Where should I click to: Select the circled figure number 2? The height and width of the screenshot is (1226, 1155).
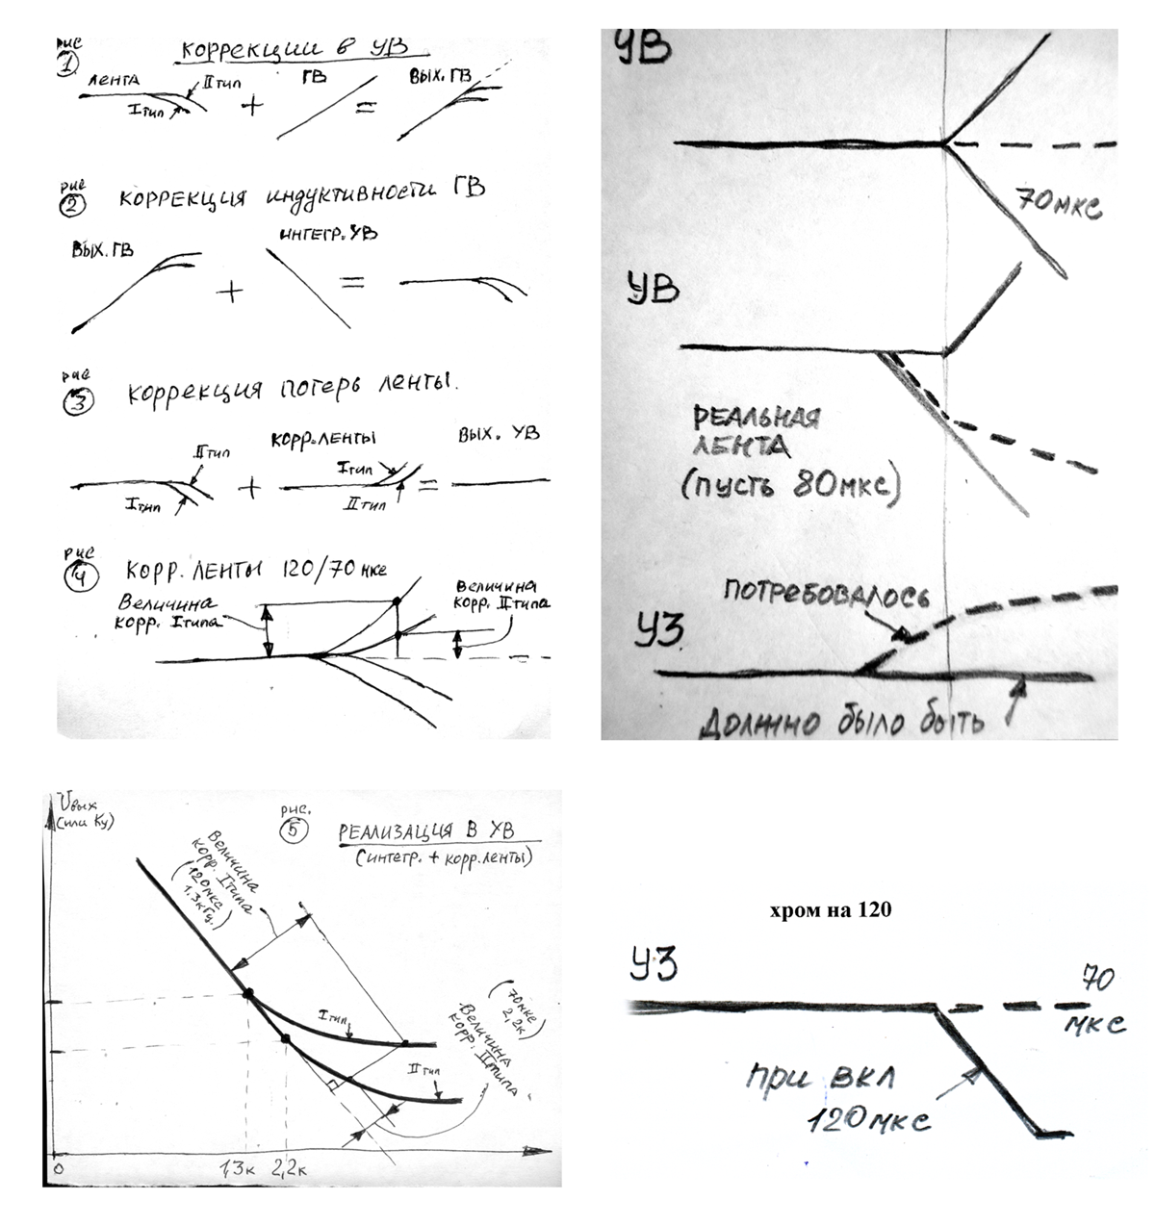tap(74, 203)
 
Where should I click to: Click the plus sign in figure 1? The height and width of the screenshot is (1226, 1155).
tap(251, 104)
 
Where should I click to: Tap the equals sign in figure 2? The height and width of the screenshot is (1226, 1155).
tap(352, 283)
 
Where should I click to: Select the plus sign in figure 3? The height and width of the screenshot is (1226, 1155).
tap(248, 488)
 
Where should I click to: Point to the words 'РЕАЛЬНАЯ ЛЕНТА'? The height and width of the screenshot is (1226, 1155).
tap(756, 433)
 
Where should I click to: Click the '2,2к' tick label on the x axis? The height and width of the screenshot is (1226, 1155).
tap(289, 1169)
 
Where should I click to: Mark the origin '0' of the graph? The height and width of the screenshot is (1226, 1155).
tap(58, 1168)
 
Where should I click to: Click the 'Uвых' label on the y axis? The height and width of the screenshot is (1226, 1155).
tap(74, 802)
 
